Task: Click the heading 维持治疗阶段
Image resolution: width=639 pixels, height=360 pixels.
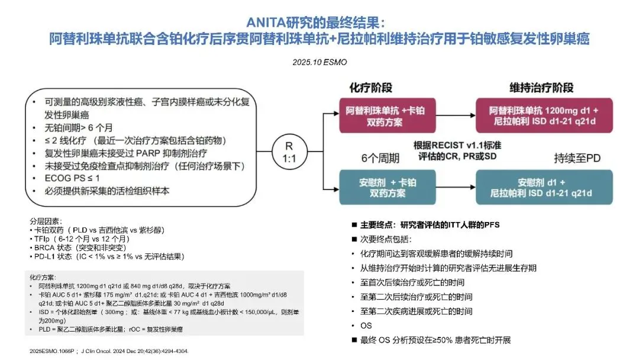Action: (541, 88)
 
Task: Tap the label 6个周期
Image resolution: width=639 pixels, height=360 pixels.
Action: (379, 159)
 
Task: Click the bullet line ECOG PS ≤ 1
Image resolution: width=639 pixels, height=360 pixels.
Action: (69, 177)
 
